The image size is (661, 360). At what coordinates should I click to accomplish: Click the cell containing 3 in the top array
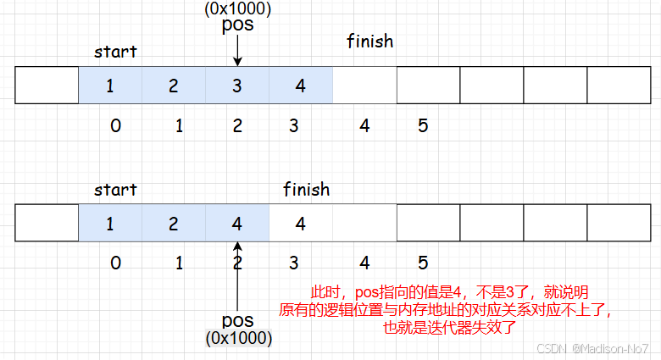(237, 86)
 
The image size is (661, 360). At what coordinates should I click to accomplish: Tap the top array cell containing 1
(110, 86)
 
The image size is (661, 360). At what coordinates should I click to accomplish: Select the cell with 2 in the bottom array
(174, 224)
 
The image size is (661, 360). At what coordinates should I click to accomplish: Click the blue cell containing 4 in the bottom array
(237, 224)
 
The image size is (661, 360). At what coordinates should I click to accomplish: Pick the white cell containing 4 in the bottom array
(301, 224)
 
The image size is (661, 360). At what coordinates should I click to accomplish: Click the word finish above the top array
(370, 41)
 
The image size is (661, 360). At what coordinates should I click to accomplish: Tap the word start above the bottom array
(115, 189)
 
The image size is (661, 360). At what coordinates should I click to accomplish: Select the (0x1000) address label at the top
(237, 8)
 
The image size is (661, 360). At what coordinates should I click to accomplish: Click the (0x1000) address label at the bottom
(238, 338)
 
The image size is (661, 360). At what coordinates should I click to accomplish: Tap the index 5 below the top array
(423, 126)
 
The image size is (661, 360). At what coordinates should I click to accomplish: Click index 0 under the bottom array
(115, 263)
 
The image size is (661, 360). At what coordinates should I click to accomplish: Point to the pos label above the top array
(237, 25)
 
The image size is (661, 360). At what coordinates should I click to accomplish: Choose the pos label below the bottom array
(238, 320)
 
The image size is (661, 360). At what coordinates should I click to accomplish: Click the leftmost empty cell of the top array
(47, 86)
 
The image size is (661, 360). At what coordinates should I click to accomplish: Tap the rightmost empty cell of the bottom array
(619, 224)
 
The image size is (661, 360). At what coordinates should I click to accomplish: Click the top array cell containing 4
(301, 86)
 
